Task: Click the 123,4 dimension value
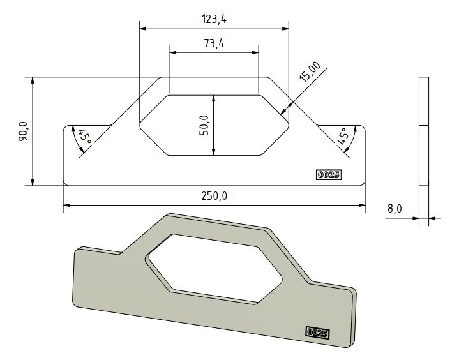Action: [x=214, y=20]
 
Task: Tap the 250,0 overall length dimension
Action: [x=214, y=196]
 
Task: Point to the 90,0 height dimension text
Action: [x=23, y=131]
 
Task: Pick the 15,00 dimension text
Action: [x=310, y=69]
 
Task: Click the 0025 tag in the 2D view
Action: [x=329, y=174]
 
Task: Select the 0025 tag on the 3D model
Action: [x=317, y=332]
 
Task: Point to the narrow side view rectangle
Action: [x=423, y=150]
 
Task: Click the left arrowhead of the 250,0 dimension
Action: [x=66, y=206]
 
